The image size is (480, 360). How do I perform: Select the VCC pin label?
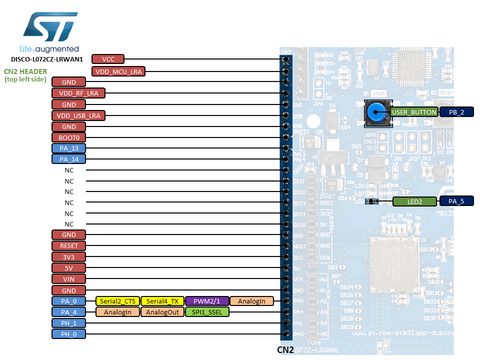(x=108, y=59)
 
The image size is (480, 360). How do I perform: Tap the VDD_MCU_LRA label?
(x=118, y=71)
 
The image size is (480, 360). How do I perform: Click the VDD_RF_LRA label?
(x=78, y=93)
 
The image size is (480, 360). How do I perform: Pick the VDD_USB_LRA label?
(x=78, y=115)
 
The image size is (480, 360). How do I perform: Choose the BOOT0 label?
(x=69, y=137)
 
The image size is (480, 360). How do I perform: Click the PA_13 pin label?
(x=69, y=148)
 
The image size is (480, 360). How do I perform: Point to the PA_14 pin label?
(x=69, y=159)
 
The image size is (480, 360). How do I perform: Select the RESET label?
(x=69, y=246)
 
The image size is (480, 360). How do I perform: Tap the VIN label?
(x=69, y=278)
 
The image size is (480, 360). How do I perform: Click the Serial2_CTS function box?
(x=117, y=301)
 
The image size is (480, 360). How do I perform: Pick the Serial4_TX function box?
(x=162, y=301)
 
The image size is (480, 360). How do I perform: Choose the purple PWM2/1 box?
(x=207, y=301)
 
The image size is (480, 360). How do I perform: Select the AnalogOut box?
(x=162, y=312)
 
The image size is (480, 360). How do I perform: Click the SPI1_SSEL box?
(x=207, y=312)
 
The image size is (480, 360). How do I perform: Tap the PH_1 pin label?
(x=69, y=323)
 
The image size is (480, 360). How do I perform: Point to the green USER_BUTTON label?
(x=414, y=112)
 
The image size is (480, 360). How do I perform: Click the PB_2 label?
(x=456, y=112)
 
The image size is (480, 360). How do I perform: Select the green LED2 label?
(x=414, y=202)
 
